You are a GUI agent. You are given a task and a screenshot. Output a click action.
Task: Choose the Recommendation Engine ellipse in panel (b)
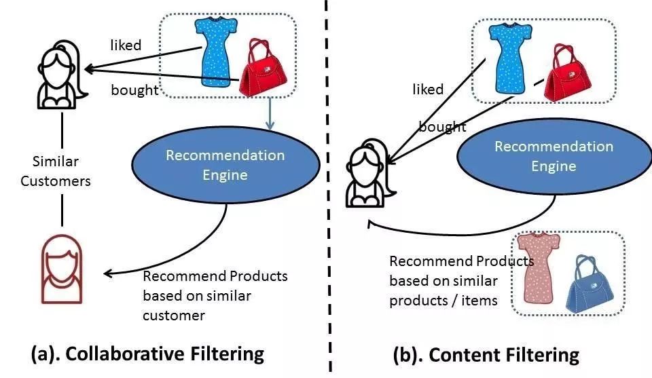(x=554, y=156)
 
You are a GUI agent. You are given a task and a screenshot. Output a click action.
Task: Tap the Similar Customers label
(x=56, y=171)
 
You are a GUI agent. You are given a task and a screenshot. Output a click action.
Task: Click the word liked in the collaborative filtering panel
(x=126, y=45)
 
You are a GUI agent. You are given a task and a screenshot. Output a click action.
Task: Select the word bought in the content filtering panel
(x=441, y=127)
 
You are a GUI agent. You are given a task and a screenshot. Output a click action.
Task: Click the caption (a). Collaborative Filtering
(x=147, y=354)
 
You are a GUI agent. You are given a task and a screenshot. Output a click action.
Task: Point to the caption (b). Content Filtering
(x=486, y=354)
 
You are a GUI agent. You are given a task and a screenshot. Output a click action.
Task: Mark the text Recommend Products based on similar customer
(x=215, y=296)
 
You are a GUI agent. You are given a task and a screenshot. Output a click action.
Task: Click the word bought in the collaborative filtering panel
(x=134, y=90)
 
